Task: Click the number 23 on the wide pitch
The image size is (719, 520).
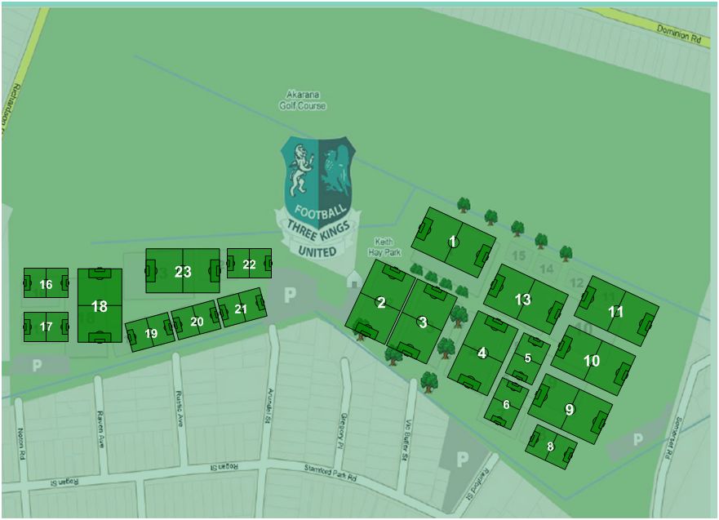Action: [x=183, y=271]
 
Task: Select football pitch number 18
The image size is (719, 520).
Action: [x=100, y=306]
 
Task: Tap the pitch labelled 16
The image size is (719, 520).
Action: [x=46, y=284]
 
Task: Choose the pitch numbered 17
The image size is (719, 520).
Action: [x=46, y=327]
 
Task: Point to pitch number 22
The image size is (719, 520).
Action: [x=249, y=264]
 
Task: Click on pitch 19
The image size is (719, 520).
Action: [x=151, y=333]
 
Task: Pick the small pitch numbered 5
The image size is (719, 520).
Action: [x=528, y=358]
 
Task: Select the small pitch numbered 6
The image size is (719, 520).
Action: [x=506, y=404]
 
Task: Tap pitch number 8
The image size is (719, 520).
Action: [x=551, y=447]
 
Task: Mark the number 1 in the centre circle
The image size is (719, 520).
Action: [x=453, y=241]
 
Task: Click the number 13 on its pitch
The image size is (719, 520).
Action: [x=523, y=300]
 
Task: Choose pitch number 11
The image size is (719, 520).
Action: [x=616, y=311]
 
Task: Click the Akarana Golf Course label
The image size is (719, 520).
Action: [x=306, y=100]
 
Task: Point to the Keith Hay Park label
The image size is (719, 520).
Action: [x=384, y=247]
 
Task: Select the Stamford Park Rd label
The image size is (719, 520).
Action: [x=331, y=468]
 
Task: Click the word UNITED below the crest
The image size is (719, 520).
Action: [x=317, y=251]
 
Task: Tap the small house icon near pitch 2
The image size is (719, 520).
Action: [x=354, y=279]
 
